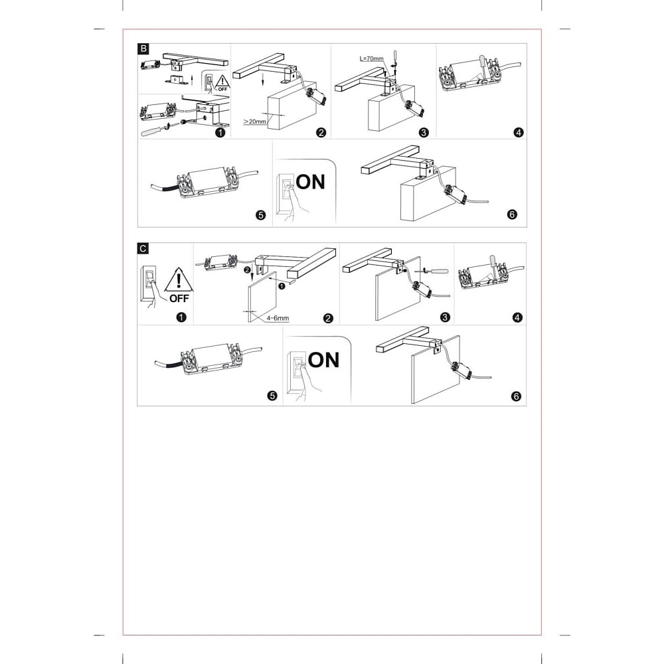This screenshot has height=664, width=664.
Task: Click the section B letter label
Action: click(143, 48)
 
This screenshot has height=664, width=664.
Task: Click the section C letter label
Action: click(143, 248)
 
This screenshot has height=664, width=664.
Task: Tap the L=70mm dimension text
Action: click(371, 58)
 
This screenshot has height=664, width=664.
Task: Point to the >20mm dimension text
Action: click(254, 122)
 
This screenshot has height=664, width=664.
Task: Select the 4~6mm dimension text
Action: click(278, 318)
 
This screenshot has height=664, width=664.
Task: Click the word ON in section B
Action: click(310, 182)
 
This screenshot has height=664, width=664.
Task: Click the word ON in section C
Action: click(323, 360)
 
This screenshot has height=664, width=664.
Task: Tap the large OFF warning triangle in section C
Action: click(179, 280)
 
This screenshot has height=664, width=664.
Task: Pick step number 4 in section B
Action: click(518, 133)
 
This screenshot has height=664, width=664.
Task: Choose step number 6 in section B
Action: click(512, 214)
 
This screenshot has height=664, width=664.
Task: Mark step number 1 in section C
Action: click(181, 317)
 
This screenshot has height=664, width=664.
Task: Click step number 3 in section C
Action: click(445, 317)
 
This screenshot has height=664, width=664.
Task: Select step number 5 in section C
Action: click(272, 396)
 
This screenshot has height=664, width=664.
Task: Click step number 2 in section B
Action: click(321, 133)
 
